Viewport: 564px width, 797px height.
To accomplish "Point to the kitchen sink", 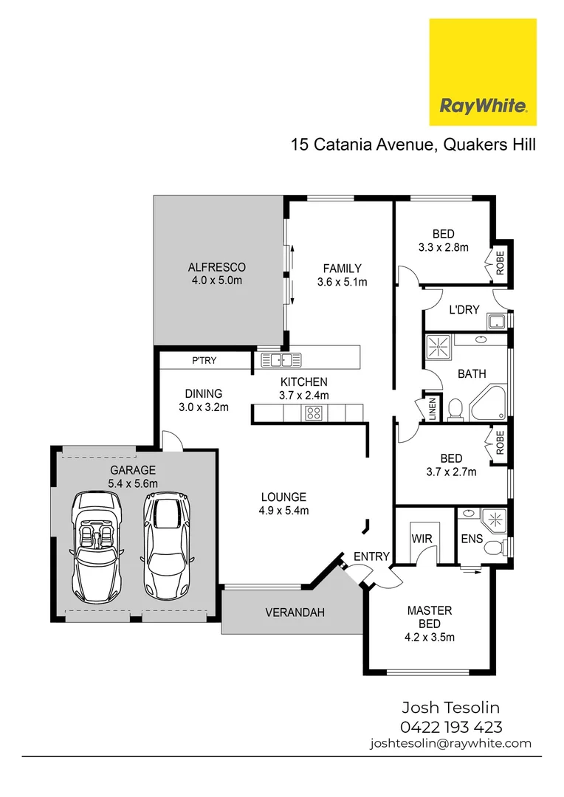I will [x=281, y=360].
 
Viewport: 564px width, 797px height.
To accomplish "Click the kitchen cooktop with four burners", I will [x=314, y=413].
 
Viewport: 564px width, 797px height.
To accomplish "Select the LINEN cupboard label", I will [x=433, y=409].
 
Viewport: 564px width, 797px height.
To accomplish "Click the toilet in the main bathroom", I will [x=455, y=409].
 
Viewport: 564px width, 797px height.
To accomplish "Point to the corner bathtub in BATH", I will [x=488, y=403].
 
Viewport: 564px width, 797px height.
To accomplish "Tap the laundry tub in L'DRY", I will [x=496, y=322].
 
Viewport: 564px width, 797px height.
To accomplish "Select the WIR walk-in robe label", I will [x=422, y=539].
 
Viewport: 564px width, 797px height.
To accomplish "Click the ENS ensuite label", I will [x=472, y=539].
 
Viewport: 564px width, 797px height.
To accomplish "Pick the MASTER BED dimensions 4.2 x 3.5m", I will [x=430, y=637].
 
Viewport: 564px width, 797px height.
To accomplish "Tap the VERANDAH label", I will [x=295, y=613].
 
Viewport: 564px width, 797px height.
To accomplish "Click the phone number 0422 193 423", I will [x=451, y=727].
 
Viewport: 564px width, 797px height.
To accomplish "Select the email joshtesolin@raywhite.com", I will [x=451, y=743].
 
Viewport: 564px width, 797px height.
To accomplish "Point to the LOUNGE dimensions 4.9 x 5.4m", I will [x=283, y=510].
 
